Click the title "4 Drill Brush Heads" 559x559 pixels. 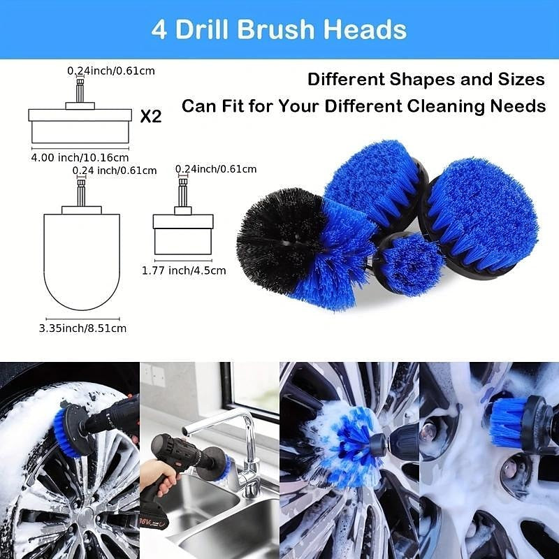pos(279,30)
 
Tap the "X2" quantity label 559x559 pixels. pos(150,116)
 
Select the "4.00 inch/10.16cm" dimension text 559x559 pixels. pos(80,157)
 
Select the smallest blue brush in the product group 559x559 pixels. pos(411,264)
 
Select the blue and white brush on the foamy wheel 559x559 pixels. pos(342,444)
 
